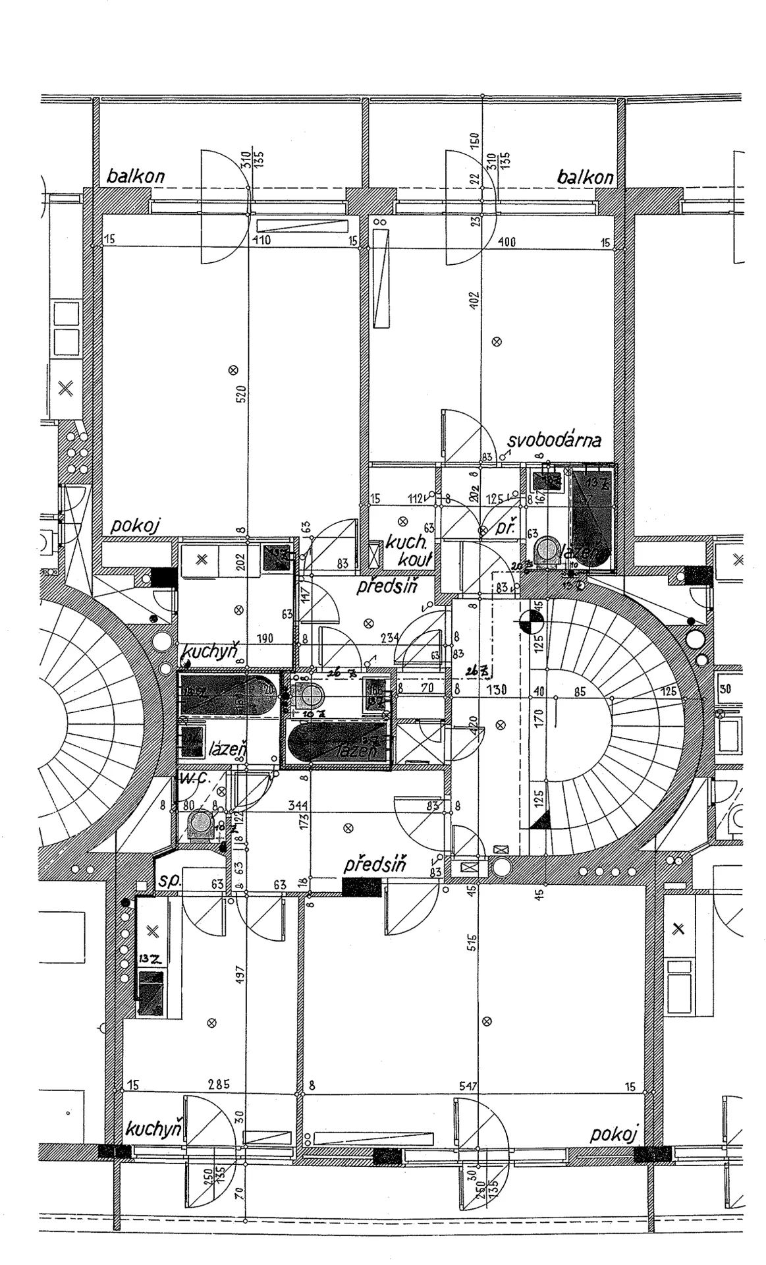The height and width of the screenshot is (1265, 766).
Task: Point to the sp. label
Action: coord(169,882)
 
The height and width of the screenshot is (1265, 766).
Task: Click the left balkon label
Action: coord(136,177)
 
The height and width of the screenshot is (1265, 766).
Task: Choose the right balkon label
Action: coord(585,177)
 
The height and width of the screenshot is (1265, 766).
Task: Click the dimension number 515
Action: coord(472,942)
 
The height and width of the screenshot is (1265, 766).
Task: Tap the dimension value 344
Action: coord(299,805)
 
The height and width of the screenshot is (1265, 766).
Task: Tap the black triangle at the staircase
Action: coord(540,820)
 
